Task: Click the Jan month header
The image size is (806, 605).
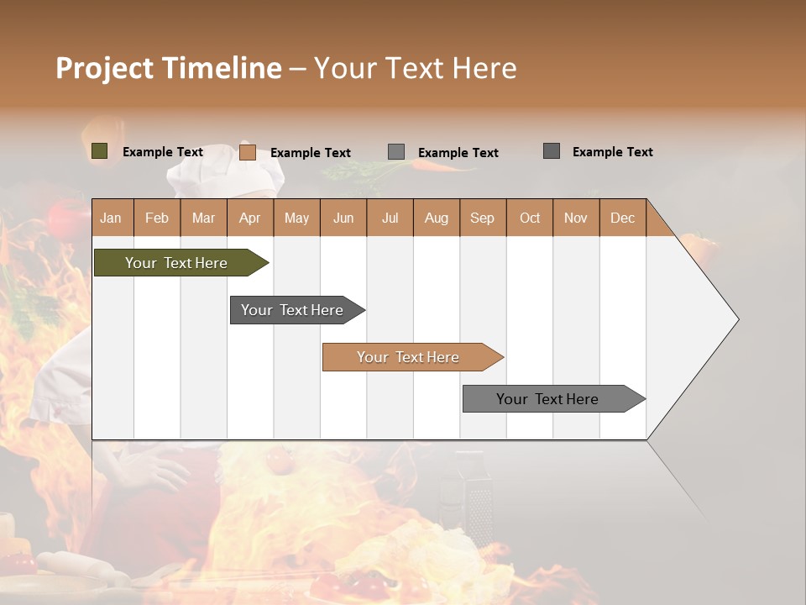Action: (x=111, y=218)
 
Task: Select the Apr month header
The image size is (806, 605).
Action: (x=249, y=218)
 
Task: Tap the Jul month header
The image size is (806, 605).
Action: (x=390, y=218)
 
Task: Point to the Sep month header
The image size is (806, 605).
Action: (x=482, y=218)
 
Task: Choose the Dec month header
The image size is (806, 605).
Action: (x=622, y=218)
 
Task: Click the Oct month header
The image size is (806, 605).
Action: (x=530, y=218)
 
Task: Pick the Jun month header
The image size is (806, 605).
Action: (x=343, y=218)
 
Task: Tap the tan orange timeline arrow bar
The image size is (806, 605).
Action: (x=409, y=357)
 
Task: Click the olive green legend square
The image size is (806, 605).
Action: (x=99, y=151)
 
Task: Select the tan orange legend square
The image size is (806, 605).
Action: (x=247, y=152)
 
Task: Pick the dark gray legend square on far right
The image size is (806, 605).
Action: (x=551, y=151)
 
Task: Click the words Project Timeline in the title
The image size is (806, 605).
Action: (x=168, y=68)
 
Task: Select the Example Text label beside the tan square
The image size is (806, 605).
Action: (x=310, y=153)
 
